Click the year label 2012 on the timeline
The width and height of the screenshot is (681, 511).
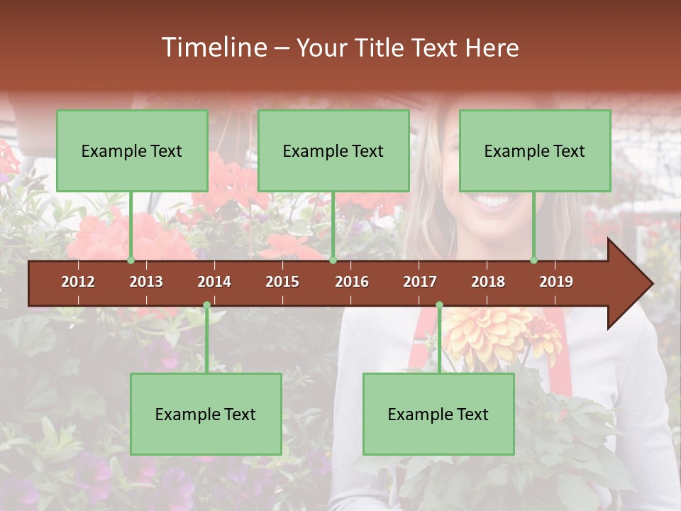click(x=78, y=282)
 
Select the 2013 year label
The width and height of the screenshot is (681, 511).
click(x=146, y=282)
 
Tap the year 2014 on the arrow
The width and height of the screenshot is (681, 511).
click(x=214, y=282)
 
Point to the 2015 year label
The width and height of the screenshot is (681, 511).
click(x=282, y=282)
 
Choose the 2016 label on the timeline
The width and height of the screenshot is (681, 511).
click(x=352, y=282)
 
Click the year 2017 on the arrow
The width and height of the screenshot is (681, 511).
click(x=420, y=282)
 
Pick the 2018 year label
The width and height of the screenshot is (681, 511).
click(x=488, y=282)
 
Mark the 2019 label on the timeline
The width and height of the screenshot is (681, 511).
click(x=556, y=282)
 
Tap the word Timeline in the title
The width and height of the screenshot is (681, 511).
click(x=213, y=48)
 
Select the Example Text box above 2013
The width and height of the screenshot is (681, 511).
click(x=132, y=150)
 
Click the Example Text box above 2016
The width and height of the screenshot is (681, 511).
click(x=333, y=150)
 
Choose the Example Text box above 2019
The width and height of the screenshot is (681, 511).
click(x=535, y=150)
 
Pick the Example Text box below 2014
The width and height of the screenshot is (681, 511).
click(x=206, y=414)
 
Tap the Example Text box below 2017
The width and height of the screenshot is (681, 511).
click(x=438, y=414)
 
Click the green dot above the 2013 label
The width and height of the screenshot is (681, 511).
click(x=131, y=260)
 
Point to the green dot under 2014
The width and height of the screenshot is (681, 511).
click(x=206, y=305)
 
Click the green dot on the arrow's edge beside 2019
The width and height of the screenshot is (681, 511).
click(x=534, y=260)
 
